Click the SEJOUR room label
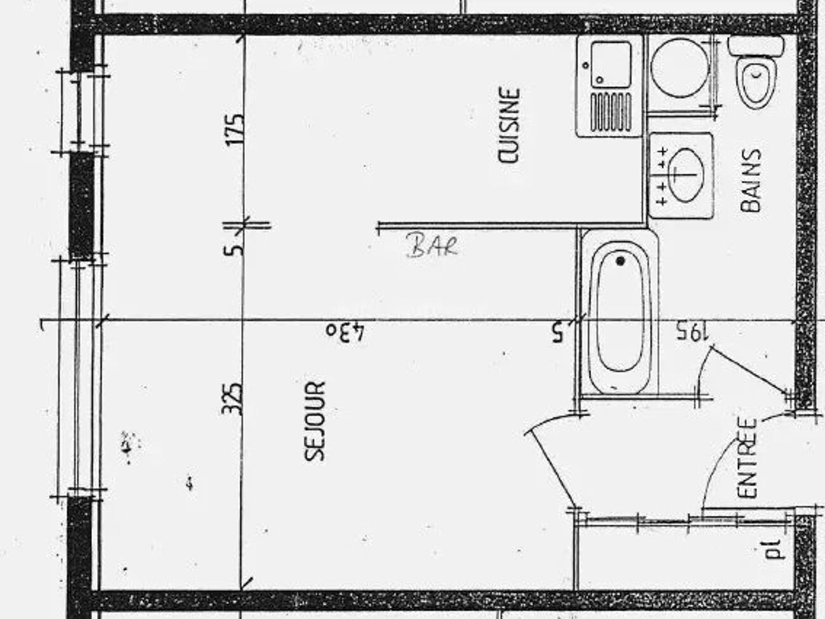pos(315,421)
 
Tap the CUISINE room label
pos(510,125)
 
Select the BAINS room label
pos(751,180)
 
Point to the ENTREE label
pos(747,458)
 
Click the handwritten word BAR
pos(432,246)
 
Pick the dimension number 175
pos(234,130)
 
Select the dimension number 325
pos(232,399)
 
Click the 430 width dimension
pos(345,332)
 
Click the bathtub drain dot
pos(620,260)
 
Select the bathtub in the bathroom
pos(619,313)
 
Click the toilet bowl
pos(756,82)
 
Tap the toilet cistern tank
pos(756,46)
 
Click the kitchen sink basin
pos(610,65)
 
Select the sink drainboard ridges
pos(610,112)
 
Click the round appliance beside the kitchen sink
pos(680,69)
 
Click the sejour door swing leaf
pos(551,469)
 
